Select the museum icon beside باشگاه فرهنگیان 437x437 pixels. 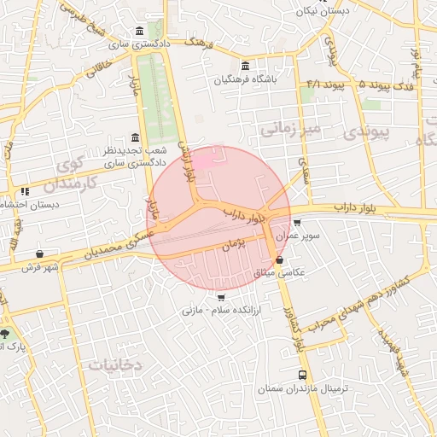click(x=246, y=67)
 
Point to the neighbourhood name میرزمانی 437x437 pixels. click(x=290, y=129)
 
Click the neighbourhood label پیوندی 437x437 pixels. click(x=365, y=132)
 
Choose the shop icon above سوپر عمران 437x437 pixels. click(x=296, y=222)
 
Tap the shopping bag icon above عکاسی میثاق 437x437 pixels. click(x=280, y=259)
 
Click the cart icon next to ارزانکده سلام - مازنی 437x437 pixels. click(x=222, y=298)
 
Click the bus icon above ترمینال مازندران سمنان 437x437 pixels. click(x=303, y=375)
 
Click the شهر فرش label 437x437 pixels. click(x=38, y=268)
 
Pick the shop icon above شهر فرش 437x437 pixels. click(x=40, y=254)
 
